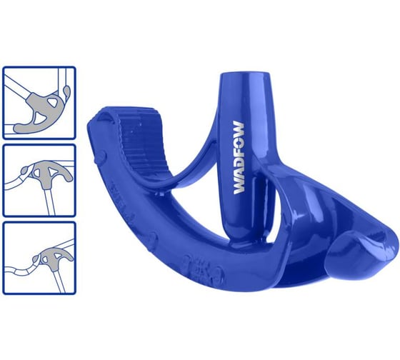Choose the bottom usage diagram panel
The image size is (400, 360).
pyautogui.click(x=39, y=256)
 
